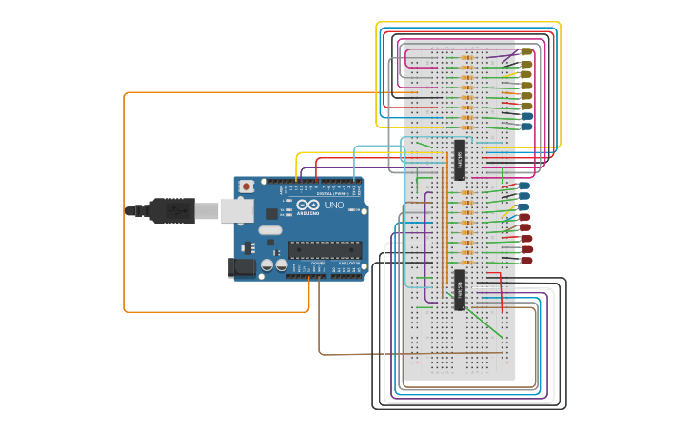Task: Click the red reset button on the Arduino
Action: (x=246, y=186)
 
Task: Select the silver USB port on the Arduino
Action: (x=236, y=210)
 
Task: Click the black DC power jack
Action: (x=243, y=269)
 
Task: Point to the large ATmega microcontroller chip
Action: (x=325, y=250)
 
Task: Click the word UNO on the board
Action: (x=334, y=205)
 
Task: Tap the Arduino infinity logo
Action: (x=308, y=204)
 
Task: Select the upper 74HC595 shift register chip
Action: (x=459, y=159)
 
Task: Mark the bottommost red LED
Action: (x=525, y=260)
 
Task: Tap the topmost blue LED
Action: (x=525, y=116)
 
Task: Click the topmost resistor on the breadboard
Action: (x=466, y=58)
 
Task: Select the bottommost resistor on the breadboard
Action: (x=466, y=264)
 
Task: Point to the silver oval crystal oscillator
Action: (x=269, y=229)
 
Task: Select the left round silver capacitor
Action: (x=266, y=266)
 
